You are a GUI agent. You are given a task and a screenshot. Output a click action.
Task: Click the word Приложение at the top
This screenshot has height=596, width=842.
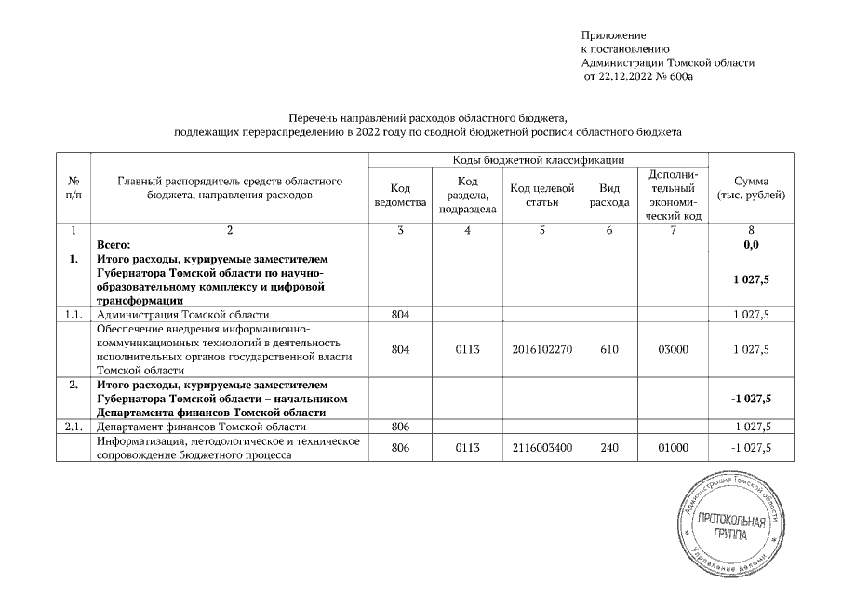click(x=614, y=34)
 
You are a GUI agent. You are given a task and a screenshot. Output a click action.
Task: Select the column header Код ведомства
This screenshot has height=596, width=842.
click(x=399, y=195)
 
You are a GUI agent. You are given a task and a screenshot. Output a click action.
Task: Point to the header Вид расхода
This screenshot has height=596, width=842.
click(x=604, y=195)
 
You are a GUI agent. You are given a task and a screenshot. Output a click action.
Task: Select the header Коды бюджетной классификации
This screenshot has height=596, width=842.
click(x=538, y=160)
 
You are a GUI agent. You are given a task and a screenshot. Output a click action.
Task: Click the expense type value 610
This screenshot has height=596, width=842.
click(x=604, y=348)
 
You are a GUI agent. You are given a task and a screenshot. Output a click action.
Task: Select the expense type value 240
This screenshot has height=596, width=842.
click(x=604, y=447)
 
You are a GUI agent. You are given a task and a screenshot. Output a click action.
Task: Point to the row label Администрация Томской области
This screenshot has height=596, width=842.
click(x=182, y=315)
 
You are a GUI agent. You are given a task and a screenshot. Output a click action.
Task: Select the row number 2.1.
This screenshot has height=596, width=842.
click(x=73, y=427)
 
